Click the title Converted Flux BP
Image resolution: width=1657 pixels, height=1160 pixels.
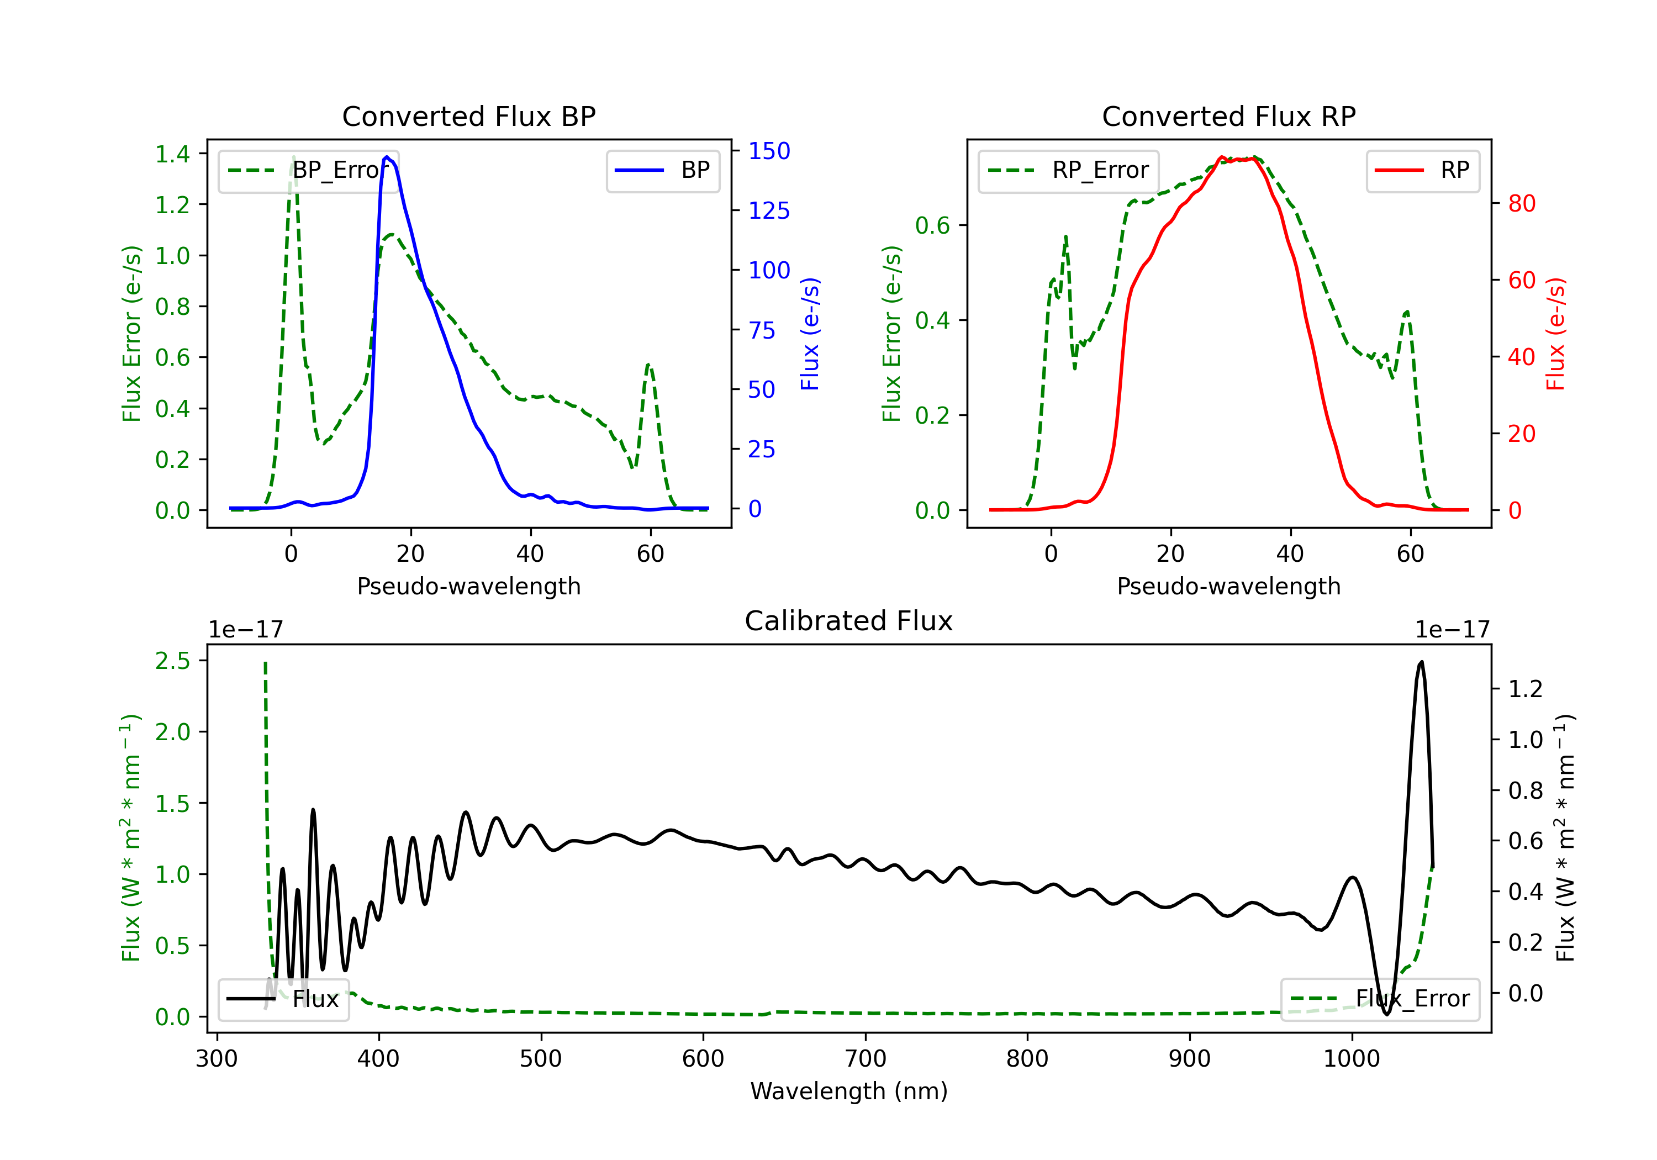[x=469, y=116]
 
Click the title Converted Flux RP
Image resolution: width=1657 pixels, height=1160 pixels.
[x=1229, y=116]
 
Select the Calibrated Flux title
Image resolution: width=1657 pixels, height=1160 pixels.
[x=849, y=621]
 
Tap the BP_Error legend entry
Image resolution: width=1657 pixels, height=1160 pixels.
[x=308, y=170]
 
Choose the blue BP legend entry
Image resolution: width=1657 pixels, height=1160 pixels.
[x=662, y=170]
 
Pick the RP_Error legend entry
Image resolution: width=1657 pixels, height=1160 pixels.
[x=1068, y=170]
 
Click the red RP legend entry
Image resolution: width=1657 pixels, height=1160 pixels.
[x=1422, y=170]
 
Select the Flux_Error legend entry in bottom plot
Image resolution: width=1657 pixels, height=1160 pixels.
[x=1380, y=999]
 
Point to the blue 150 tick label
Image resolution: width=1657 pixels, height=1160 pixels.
[x=769, y=151]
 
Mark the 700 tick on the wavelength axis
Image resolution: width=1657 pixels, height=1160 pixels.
[x=866, y=1059]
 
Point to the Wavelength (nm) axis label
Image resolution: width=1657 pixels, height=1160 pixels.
[x=849, y=1092]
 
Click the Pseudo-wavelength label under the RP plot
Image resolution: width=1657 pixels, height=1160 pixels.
[x=1229, y=586]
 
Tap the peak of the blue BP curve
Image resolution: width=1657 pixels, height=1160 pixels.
[x=387, y=157]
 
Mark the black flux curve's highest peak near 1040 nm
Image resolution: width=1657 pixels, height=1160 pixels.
[x=1422, y=661]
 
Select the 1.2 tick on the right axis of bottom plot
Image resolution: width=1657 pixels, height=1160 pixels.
[x=1526, y=689]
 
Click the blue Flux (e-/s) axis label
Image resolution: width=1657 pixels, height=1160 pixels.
[x=810, y=334]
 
